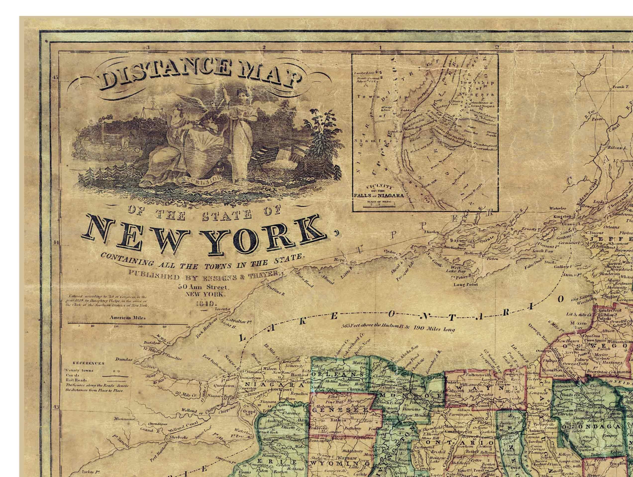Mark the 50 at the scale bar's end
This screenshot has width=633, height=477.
pyautogui.click(x=188, y=327)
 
